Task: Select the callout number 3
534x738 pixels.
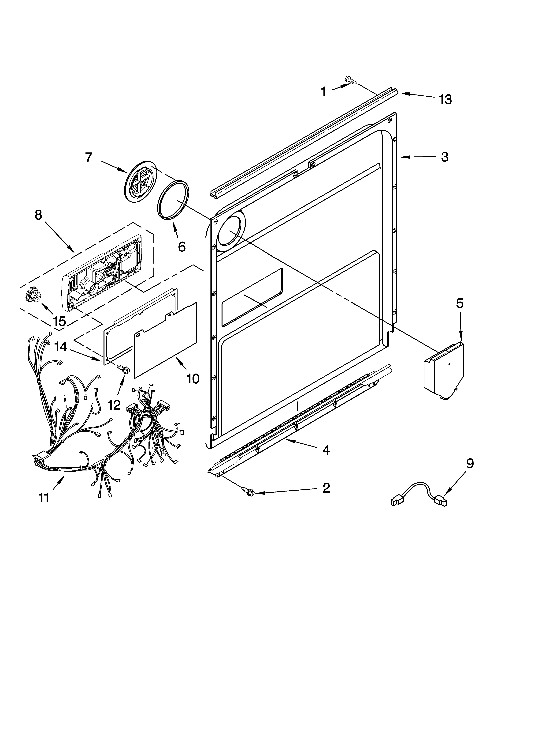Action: coord(445,157)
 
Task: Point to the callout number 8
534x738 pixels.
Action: coord(38,215)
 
